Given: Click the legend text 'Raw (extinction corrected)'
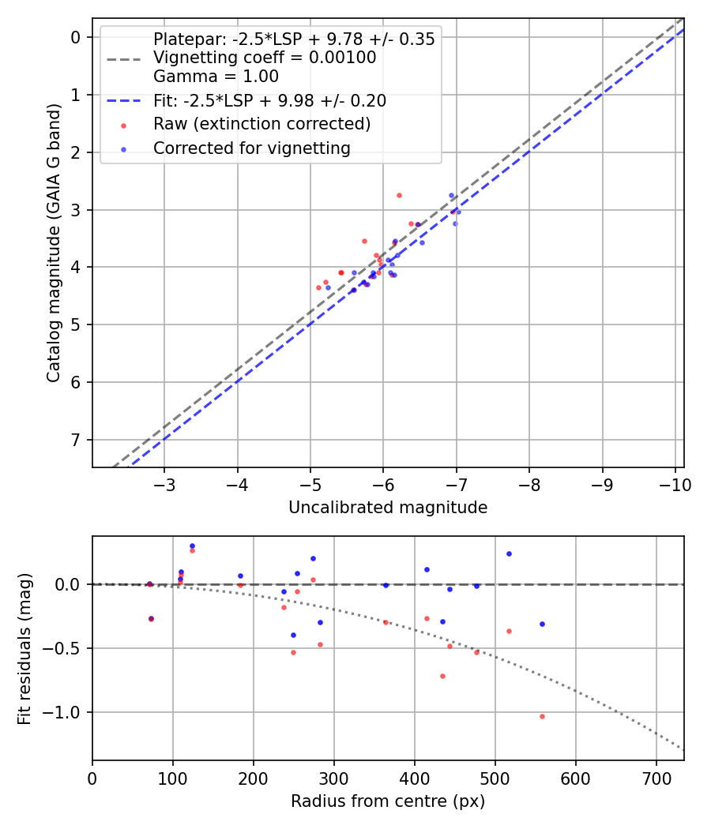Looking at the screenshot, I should coord(261,124).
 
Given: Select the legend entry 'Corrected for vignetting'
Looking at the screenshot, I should coord(251,148).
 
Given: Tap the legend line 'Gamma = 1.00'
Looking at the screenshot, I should coord(216,77).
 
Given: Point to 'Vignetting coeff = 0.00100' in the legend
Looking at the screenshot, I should coord(265,58).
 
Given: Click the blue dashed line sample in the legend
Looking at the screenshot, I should coord(123,101).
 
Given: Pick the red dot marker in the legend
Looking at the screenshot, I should coord(123,126).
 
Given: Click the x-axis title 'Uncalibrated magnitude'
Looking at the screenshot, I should coord(388,508).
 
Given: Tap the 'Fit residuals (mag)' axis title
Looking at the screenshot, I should coord(24,647).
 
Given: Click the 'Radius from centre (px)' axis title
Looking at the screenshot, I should coord(388,801).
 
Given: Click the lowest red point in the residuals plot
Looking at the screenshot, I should coord(542,716).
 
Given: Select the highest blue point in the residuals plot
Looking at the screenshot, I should coord(192,546).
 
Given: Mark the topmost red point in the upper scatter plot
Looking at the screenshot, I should coord(399,195).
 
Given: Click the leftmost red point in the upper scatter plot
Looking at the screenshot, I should coord(318,287).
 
